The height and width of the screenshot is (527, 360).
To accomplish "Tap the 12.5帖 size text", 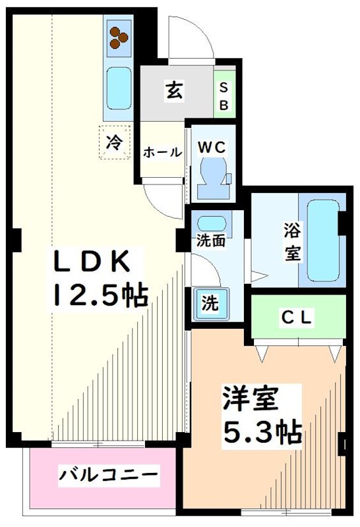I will click(x=100, y=294).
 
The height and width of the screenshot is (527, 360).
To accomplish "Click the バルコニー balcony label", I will click(x=109, y=474).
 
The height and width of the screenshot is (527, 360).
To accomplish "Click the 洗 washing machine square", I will click(x=210, y=304).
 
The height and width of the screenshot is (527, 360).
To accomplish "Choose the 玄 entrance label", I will click(x=174, y=92).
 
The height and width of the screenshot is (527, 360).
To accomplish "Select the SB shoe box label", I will click(x=224, y=97).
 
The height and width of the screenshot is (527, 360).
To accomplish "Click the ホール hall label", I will click(x=162, y=152).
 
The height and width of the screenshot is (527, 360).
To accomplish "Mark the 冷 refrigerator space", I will click(x=115, y=142).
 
